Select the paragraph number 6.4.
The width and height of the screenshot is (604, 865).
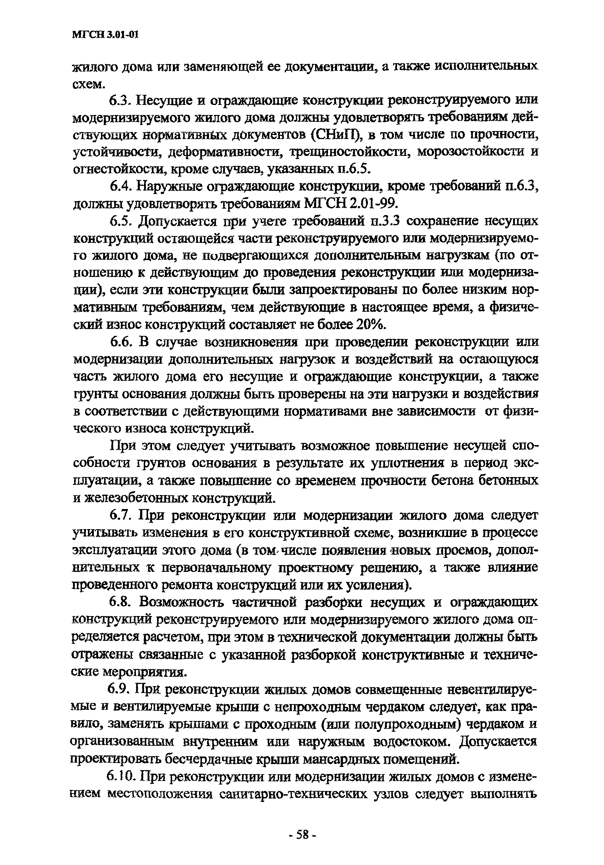120,186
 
